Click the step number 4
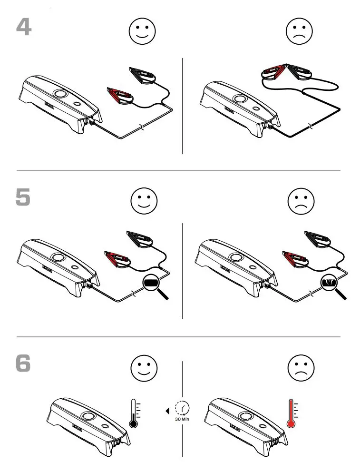(24, 27)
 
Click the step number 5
(23, 198)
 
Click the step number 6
(23, 364)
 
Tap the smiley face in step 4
(142, 31)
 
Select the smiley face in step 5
(144, 202)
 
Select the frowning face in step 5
(301, 202)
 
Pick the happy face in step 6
(144, 369)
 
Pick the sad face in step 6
(301, 369)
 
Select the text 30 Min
(182, 420)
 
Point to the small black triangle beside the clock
(167, 409)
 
